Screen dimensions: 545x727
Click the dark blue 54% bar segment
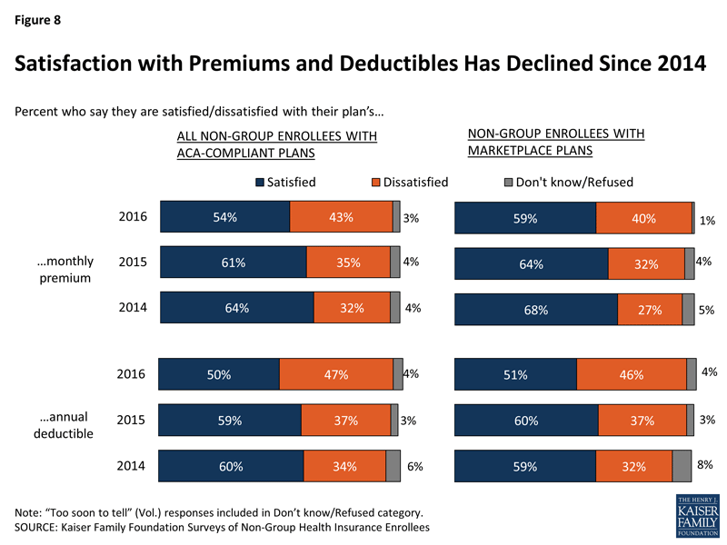coord(224,217)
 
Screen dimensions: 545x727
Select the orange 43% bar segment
coord(341,217)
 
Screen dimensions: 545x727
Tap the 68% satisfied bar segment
coord(535,310)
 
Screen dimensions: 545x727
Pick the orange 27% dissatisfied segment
coord(649,310)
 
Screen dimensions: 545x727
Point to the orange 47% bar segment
coord(335,374)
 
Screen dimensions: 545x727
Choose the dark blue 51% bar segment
coord(515,374)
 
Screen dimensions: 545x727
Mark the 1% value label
coord(707,221)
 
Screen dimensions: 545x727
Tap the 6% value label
coord(415,466)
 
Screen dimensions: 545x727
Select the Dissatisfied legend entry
coord(409,182)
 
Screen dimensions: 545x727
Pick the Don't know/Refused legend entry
coord(568,182)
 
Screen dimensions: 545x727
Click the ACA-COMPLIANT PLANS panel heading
coord(275,145)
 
